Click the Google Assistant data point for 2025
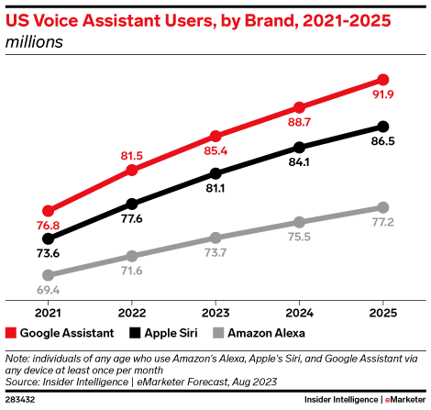383,80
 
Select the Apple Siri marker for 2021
48,237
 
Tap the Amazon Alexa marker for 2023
215,237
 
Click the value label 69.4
48,289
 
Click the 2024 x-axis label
299,309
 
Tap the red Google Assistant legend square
11,333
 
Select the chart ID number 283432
22,400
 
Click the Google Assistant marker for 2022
131,170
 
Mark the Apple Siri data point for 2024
299,147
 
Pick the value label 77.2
383,223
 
